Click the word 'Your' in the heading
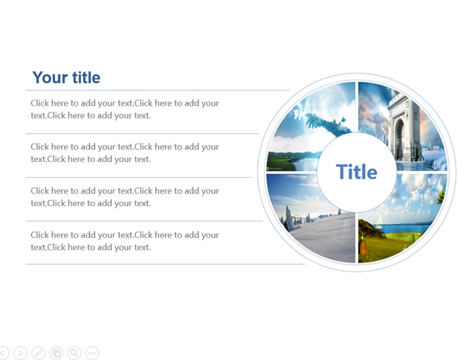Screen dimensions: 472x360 click(x=50, y=77)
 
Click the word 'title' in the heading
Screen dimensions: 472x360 click(x=86, y=77)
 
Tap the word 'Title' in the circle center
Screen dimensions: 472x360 click(x=356, y=172)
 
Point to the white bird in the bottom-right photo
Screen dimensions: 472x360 click(x=416, y=189)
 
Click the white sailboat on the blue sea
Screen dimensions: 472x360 click(x=379, y=220)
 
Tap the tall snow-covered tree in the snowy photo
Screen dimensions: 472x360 click(x=288, y=218)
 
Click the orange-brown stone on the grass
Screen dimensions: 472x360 click(x=363, y=245)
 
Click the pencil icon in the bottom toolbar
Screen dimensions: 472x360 click(x=38, y=353)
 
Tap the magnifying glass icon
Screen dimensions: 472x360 click(x=74, y=353)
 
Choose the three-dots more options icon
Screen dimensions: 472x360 click(x=92, y=353)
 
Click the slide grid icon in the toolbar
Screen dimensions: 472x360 click(x=56, y=353)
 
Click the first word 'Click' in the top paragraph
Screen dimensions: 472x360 click(x=39, y=103)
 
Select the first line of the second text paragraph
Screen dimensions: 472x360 click(x=125, y=147)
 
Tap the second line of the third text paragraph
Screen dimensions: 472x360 click(x=91, y=203)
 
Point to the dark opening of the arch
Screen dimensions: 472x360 click(x=399, y=139)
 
